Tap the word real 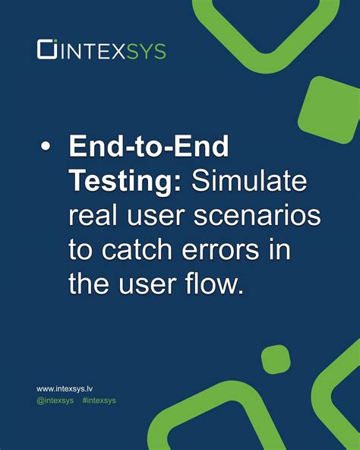tap(94, 217)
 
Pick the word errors tap(232, 251)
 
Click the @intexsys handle tap(55, 400)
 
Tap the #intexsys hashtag tap(99, 400)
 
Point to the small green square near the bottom tap(276, 358)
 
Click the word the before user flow tap(90, 285)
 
